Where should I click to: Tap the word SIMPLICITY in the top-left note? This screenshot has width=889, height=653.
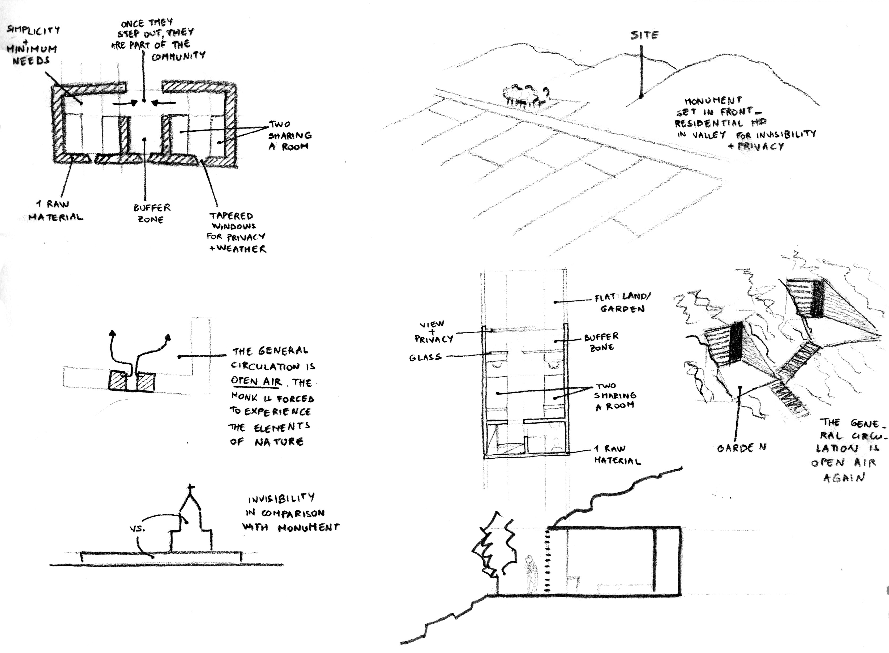click(x=34, y=30)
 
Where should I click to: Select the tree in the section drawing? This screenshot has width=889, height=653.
click(x=494, y=549)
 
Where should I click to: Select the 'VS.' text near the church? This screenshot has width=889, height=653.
click(x=137, y=528)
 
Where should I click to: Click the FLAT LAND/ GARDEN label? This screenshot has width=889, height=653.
click(x=623, y=302)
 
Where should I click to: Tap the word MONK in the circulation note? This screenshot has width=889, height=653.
click(x=244, y=397)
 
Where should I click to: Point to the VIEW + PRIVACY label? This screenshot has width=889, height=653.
click(x=434, y=332)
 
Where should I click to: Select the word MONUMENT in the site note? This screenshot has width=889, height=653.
click(x=713, y=101)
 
